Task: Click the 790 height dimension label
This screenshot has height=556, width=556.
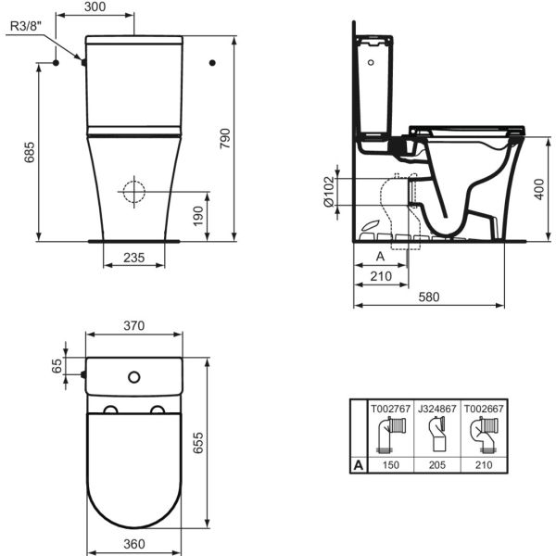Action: [x=225, y=139]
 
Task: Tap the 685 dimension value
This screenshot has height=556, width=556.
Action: [x=30, y=152]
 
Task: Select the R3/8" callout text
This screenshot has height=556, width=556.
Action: [x=26, y=26]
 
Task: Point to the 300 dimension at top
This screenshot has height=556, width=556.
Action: [x=95, y=6]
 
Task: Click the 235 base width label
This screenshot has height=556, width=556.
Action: [x=134, y=258]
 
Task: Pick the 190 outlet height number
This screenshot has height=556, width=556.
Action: [x=198, y=216]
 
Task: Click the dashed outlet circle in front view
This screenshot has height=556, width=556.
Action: [x=134, y=192]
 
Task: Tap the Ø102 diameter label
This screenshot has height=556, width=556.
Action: [x=329, y=192]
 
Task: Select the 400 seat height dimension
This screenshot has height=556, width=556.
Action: [x=539, y=189]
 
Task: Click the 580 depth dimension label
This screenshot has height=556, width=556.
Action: [x=429, y=297]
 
